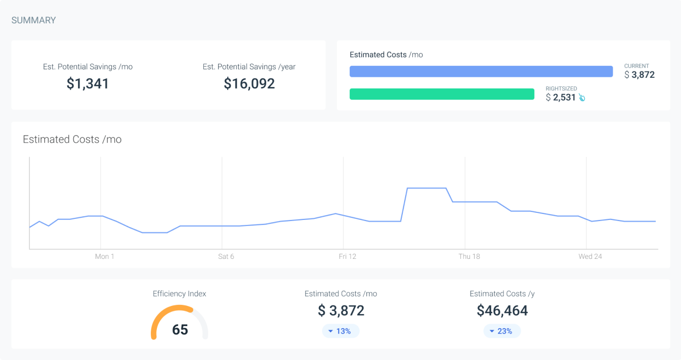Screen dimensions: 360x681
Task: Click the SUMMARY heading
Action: [x=33, y=20]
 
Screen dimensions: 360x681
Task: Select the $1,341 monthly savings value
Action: [x=88, y=83]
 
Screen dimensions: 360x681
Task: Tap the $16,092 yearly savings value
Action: [x=249, y=83]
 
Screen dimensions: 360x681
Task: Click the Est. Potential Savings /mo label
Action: [x=88, y=67]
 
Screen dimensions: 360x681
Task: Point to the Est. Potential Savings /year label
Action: [x=249, y=67]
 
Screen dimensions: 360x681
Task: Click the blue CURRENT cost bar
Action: [x=481, y=71]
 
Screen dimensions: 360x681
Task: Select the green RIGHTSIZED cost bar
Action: [x=442, y=94]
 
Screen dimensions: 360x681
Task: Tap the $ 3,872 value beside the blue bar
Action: [x=640, y=75]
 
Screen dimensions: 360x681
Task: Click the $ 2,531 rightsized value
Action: [x=561, y=98]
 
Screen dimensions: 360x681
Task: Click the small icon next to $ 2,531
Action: [x=582, y=98]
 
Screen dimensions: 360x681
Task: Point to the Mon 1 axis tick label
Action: [x=105, y=256]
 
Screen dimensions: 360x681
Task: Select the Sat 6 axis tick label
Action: [x=226, y=256]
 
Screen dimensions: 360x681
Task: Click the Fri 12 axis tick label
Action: [x=348, y=256]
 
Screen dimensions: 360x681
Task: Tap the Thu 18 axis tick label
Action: [x=469, y=256]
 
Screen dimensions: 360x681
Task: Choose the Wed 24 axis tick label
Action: [x=590, y=256]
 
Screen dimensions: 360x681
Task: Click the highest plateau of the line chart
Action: [x=427, y=188]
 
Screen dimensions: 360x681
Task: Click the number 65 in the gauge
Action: [x=180, y=330]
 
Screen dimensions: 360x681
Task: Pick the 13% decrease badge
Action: [x=340, y=331]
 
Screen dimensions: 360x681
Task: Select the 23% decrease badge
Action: [x=502, y=331]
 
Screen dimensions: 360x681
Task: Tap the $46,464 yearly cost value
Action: [x=502, y=310]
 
